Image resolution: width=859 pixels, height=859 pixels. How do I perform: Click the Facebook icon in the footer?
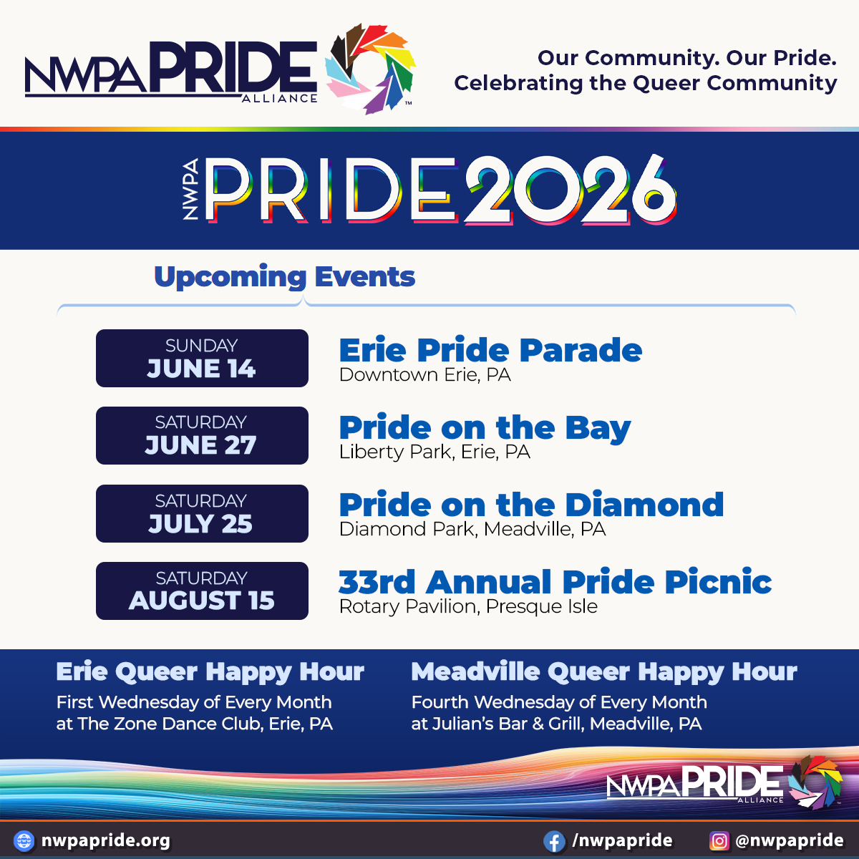click(553, 840)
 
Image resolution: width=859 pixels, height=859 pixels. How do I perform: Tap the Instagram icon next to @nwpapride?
click(719, 840)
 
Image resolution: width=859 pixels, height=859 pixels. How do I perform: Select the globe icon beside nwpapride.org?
click(24, 840)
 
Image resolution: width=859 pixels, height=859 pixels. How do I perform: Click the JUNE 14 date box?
click(202, 359)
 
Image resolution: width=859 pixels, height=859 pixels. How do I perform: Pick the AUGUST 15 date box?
click(202, 591)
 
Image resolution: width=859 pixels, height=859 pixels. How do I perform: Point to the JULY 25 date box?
click(202, 513)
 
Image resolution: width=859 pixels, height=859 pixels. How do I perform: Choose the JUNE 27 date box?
click(202, 436)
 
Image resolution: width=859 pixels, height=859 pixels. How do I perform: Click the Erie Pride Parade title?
click(490, 351)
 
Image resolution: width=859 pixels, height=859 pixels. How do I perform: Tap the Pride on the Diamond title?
click(531, 505)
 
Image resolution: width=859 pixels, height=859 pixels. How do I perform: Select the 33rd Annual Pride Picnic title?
click(555, 583)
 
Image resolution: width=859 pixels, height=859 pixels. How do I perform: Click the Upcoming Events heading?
click(284, 277)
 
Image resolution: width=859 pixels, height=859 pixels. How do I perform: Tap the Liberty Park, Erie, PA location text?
click(435, 452)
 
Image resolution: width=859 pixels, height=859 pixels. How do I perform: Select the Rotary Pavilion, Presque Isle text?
click(468, 607)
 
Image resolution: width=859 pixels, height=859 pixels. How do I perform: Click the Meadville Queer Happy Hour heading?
click(603, 672)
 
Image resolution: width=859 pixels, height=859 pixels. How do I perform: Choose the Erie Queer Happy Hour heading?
click(210, 672)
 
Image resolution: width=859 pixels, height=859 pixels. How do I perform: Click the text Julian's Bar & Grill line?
click(556, 724)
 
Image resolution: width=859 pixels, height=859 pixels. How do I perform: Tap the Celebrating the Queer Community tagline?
click(645, 83)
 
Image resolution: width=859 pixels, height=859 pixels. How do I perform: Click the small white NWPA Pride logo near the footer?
click(723, 783)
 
